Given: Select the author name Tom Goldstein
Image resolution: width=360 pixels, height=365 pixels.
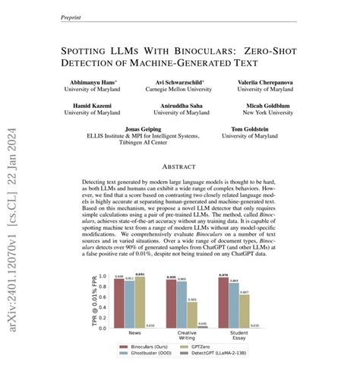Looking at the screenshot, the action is click(x=264, y=129).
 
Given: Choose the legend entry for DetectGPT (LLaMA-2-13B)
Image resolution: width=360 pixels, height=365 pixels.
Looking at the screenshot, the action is click(x=217, y=353).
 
